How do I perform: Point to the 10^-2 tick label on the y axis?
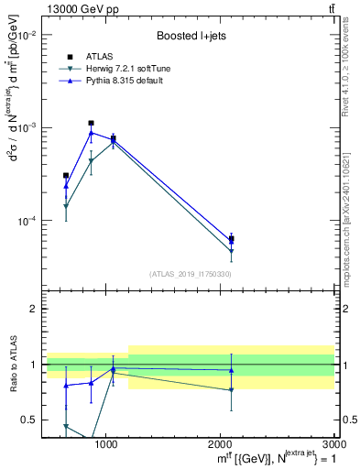tap(27, 35)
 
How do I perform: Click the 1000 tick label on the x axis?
tap(105, 443)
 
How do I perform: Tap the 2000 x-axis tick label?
tap(220, 443)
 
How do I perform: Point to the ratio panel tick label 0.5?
tap(31, 420)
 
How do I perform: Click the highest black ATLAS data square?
tap(91, 123)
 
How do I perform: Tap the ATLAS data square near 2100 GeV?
tap(232, 239)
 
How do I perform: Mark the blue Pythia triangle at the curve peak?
tap(91, 133)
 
